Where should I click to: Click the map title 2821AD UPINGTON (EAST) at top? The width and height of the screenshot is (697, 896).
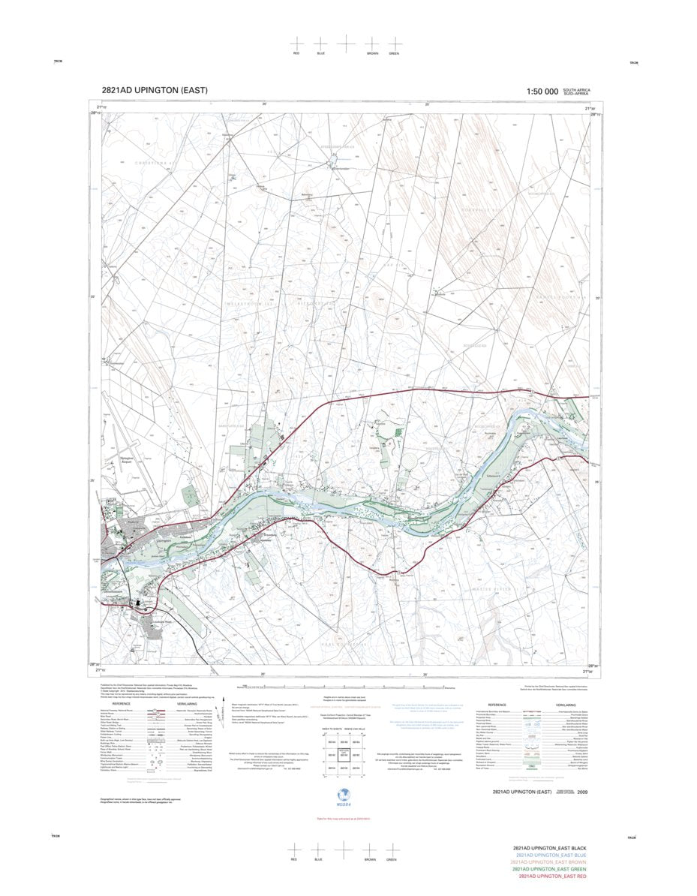(x=155, y=90)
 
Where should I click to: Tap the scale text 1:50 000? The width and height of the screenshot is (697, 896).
(x=542, y=92)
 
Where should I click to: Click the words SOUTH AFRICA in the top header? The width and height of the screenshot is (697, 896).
(x=578, y=89)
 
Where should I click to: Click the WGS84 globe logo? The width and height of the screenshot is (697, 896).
(x=344, y=795)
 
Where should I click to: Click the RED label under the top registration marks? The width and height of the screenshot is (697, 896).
(x=297, y=54)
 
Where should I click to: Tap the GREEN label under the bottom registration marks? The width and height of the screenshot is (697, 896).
(x=392, y=859)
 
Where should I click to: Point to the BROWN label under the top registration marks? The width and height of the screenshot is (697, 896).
(x=372, y=54)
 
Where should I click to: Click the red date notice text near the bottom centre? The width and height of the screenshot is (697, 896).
(x=344, y=818)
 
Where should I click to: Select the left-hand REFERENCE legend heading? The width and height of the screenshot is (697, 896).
(x=121, y=704)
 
